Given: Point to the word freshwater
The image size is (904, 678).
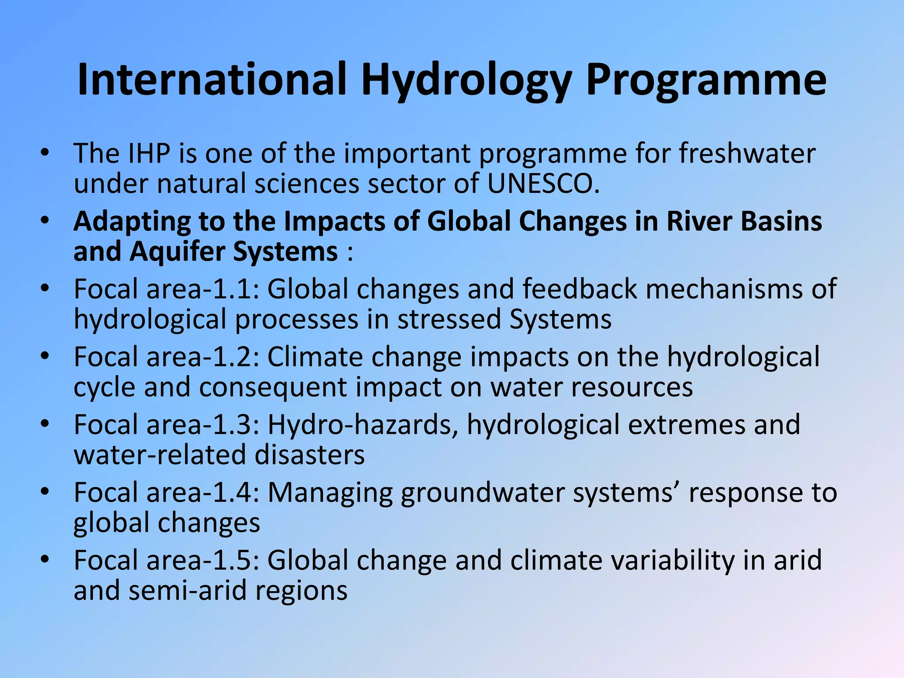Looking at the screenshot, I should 747,154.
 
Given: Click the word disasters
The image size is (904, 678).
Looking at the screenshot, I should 309,455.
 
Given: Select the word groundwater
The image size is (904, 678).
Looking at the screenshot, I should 482,493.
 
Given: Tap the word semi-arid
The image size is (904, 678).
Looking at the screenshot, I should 187,591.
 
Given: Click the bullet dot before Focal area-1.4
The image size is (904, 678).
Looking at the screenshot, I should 44,491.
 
